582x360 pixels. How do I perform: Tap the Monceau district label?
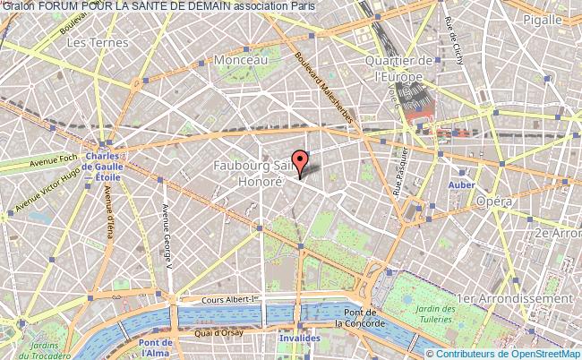242,59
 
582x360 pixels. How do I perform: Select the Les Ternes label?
89,42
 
